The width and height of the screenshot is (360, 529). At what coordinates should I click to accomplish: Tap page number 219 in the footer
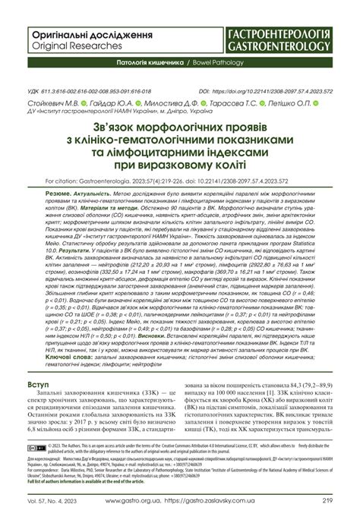[x=327, y=521]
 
